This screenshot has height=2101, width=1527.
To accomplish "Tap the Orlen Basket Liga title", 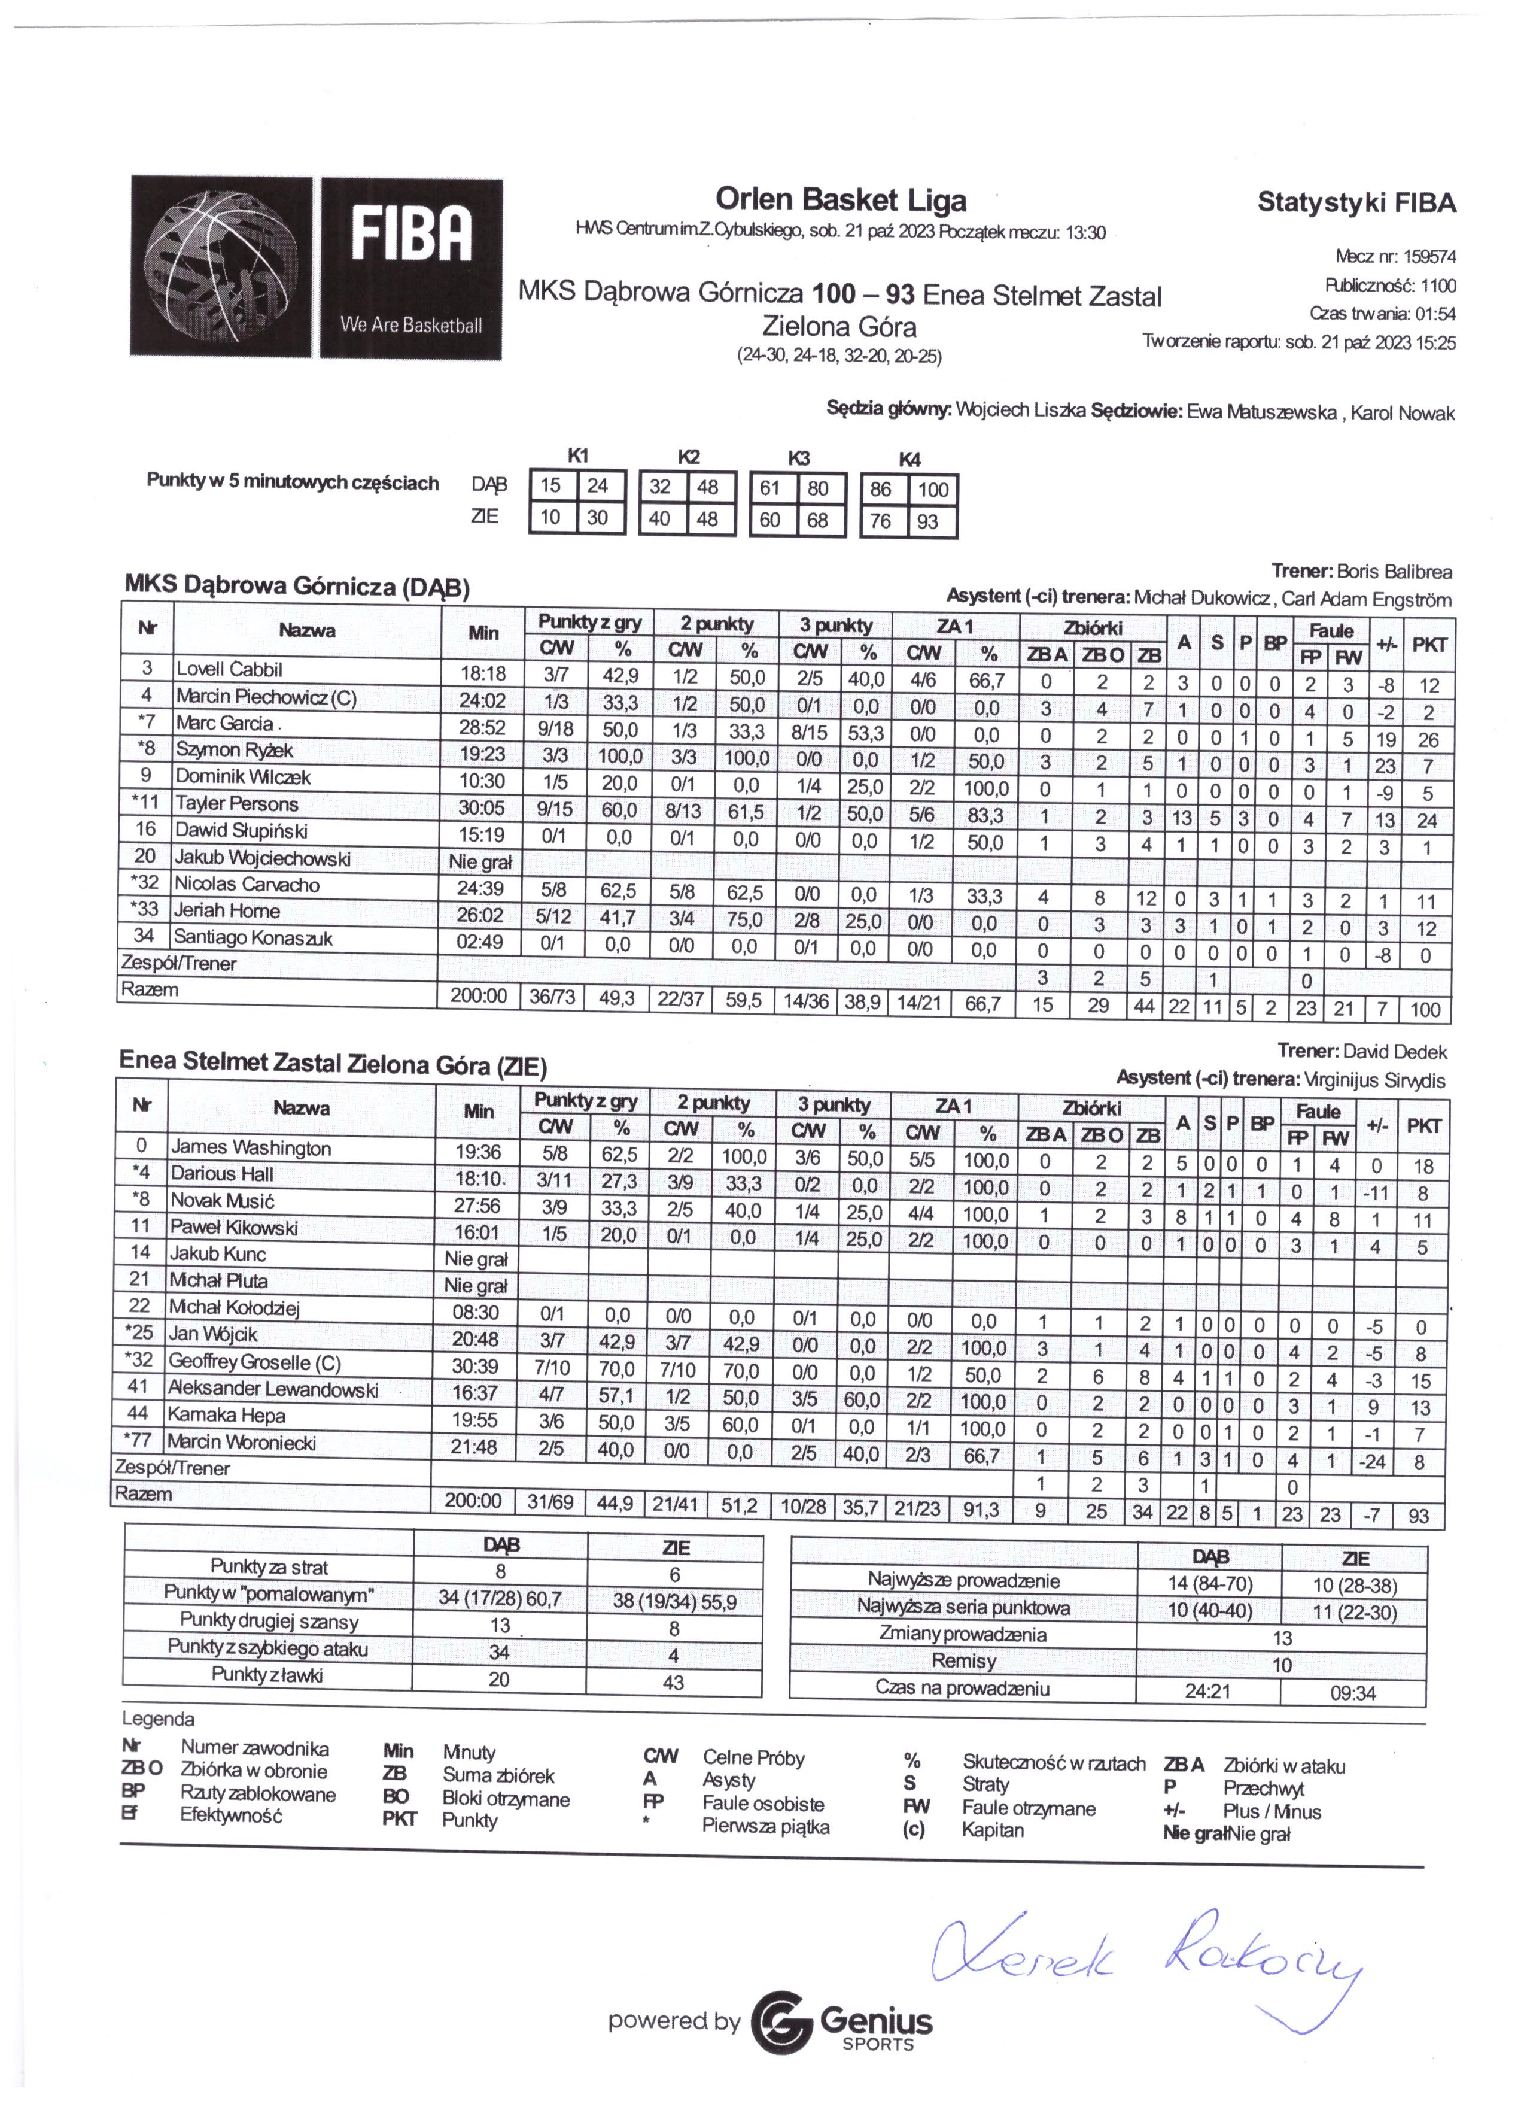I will click(840, 199).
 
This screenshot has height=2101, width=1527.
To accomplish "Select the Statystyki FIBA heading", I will click(1356, 203).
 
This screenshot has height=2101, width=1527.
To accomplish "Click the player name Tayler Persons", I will click(237, 804).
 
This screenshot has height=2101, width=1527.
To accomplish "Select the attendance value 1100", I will click(1438, 286).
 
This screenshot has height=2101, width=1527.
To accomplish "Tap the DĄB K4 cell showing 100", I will click(932, 490).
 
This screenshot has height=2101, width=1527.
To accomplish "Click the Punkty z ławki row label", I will click(267, 1675).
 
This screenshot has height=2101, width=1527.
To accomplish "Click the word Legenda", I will click(159, 1719).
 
